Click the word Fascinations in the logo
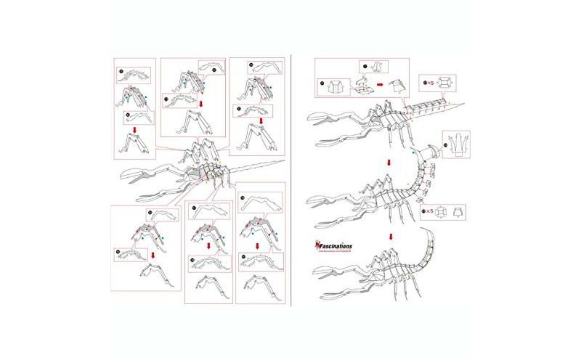[336, 246]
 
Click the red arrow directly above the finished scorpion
[391, 235]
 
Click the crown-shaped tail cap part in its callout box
[456, 143]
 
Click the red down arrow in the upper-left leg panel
[134, 131]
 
